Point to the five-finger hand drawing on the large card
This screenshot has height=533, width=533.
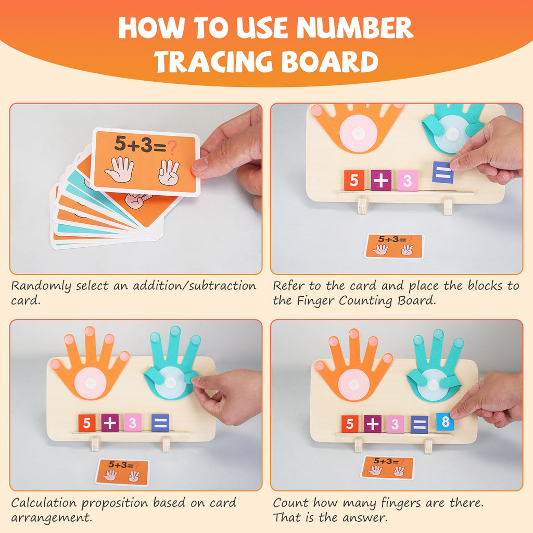pos(120,170)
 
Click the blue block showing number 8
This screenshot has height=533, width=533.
pos(445,422)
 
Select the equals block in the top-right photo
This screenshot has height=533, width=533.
pos(442,172)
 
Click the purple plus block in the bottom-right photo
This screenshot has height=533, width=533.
pos(373,424)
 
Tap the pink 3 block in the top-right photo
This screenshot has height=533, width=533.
pos(408,181)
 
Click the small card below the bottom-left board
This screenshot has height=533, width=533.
pos(122,472)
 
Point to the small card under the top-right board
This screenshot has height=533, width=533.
pos(394,246)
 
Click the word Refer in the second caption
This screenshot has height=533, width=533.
pos(288,286)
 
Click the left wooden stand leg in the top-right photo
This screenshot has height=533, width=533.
pos(363,205)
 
